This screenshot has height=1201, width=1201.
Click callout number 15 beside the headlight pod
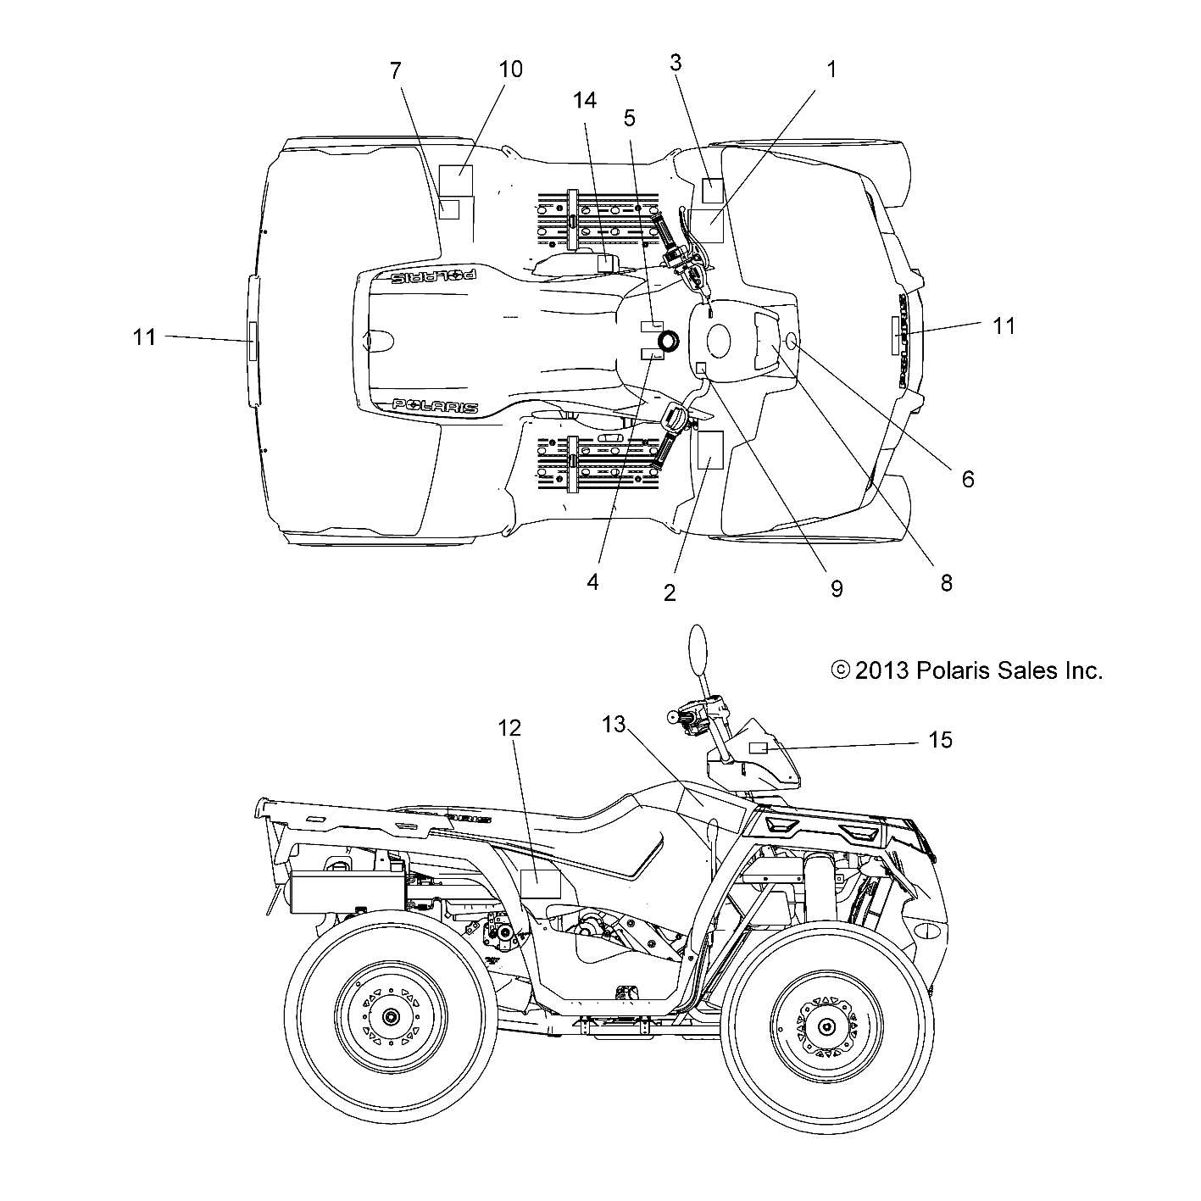[x=940, y=741]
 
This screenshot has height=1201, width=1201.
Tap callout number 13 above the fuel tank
[x=614, y=725]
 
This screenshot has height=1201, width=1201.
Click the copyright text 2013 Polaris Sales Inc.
[x=967, y=671]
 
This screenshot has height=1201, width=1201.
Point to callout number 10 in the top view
[x=510, y=69]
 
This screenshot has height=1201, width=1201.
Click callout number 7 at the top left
[x=395, y=70]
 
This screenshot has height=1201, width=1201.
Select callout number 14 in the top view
[x=584, y=100]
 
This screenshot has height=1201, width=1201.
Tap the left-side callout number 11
[x=144, y=336]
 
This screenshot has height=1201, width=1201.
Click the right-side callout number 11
[x=1004, y=325]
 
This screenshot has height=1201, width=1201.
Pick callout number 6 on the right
[x=967, y=479]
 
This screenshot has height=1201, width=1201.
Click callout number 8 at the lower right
[x=946, y=583]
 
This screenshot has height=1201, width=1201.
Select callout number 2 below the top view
[x=670, y=592]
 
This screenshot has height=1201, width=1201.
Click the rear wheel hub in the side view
[x=390, y=1016]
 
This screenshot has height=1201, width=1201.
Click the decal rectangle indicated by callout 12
[x=540, y=883]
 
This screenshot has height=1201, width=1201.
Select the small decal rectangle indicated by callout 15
[x=759, y=747]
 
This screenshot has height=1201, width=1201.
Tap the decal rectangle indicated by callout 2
[x=709, y=450]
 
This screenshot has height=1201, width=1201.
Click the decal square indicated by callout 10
[x=456, y=181]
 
